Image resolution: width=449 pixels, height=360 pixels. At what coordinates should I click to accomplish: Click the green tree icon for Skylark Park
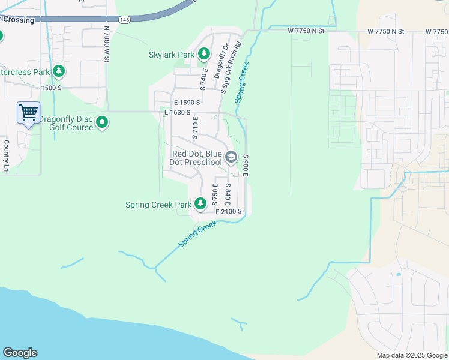[x=204, y=55]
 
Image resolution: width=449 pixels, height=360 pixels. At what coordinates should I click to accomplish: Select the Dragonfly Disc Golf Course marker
[x=102, y=123]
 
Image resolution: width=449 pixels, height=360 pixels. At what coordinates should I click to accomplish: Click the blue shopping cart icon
[x=28, y=112]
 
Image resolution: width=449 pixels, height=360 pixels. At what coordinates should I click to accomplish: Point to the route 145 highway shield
[x=124, y=20]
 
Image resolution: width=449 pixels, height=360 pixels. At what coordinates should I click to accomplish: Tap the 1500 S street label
[x=52, y=88]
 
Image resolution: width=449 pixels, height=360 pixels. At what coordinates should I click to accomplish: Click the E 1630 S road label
[x=177, y=112]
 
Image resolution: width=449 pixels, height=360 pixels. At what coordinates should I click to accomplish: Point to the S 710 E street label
[x=195, y=128]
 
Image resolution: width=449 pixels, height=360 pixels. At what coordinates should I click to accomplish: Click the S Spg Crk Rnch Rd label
[x=231, y=67]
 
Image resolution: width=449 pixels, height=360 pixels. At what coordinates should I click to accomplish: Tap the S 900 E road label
[x=246, y=164]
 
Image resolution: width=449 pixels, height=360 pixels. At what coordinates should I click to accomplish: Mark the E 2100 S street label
[x=229, y=212]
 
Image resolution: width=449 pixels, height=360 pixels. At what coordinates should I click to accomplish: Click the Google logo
[x=20, y=353]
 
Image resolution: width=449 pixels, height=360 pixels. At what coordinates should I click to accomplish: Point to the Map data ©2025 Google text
[x=411, y=355]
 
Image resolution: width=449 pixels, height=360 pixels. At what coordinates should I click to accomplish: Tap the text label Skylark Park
[x=171, y=55]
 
